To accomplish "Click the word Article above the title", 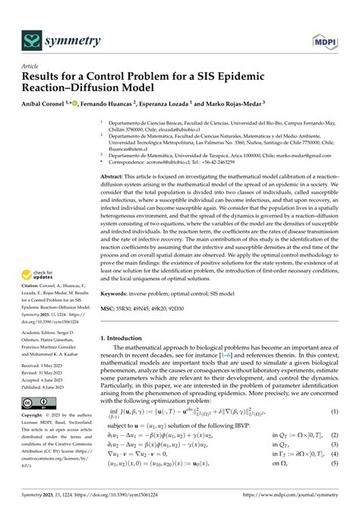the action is pyautogui.click(x=30, y=66).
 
